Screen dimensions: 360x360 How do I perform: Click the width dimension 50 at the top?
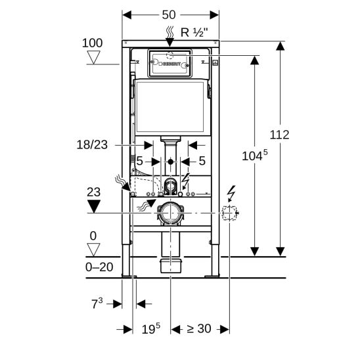[x=169, y=15]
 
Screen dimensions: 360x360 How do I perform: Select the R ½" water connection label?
[x=194, y=32]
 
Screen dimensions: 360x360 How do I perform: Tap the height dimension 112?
[x=279, y=135]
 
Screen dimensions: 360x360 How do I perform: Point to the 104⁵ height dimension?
[x=255, y=156]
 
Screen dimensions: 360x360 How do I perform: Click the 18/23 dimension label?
[x=92, y=145]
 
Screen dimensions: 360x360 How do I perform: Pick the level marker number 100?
[x=92, y=43]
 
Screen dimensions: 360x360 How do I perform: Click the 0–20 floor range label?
[x=99, y=267]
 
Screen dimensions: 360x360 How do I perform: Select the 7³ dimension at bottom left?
[x=97, y=304]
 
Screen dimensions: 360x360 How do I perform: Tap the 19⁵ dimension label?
[x=151, y=328]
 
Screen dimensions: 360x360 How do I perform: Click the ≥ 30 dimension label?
[x=199, y=328]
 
